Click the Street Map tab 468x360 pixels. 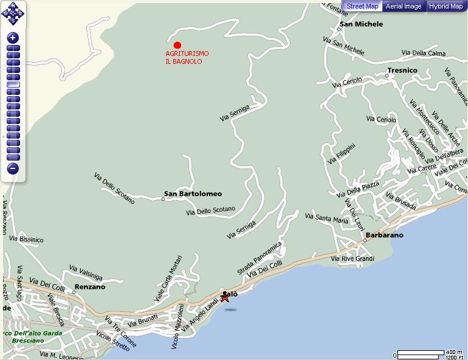coord(362,7)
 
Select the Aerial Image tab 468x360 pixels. coord(404,7)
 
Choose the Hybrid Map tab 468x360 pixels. coord(446,7)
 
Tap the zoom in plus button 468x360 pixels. coord(13,38)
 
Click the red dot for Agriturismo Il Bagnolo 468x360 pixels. coord(177,45)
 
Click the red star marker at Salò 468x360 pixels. coord(225,297)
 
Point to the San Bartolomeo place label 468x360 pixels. coord(193,195)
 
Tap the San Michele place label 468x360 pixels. coord(361,24)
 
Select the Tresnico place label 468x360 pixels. coord(402,71)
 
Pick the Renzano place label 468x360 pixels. coord(89,287)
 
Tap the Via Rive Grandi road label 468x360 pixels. coord(352,259)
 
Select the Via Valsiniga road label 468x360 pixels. coord(86,272)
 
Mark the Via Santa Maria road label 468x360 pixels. coord(326,219)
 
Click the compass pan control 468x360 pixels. coord(13,12)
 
